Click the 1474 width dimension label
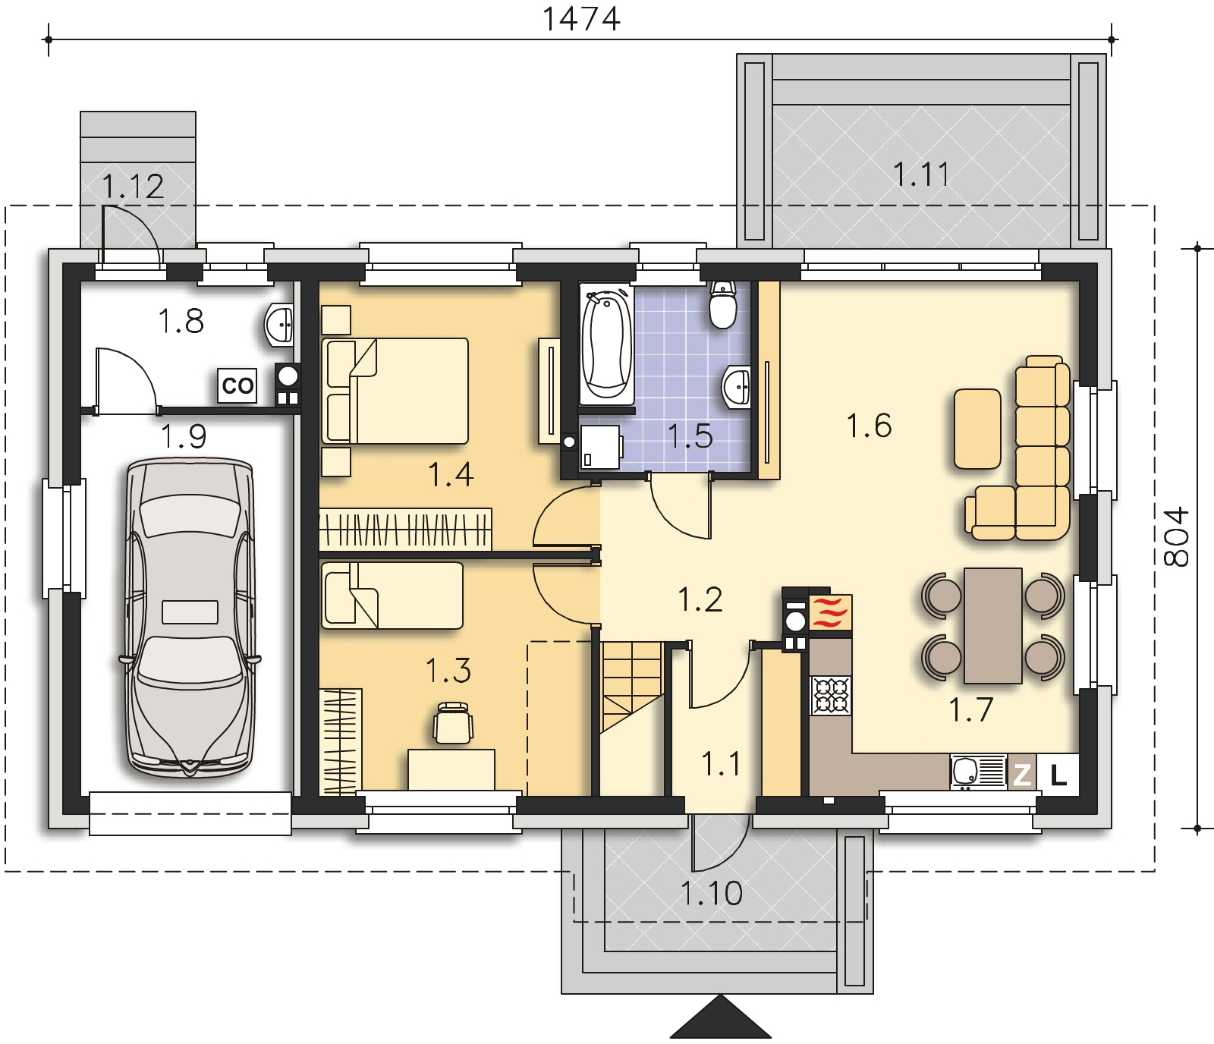581,18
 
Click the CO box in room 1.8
237,385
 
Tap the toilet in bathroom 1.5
722,304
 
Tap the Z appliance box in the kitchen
1022,775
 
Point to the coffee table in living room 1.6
977,429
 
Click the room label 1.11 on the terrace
920,175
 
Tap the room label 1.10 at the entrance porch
711,893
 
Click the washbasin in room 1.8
280,325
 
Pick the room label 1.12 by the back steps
133,187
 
